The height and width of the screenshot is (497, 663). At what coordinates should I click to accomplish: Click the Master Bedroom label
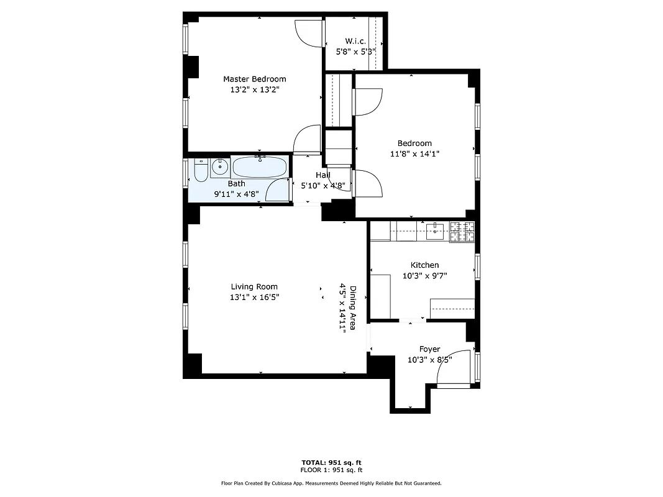[254, 79]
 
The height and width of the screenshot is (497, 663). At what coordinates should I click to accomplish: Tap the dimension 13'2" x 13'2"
[254, 89]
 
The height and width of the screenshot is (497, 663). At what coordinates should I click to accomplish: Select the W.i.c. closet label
[355, 41]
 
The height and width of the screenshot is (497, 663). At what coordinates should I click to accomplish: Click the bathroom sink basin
[219, 166]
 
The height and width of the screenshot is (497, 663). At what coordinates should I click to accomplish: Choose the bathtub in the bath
[259, 168]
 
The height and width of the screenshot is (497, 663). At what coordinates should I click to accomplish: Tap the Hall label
[322, 175]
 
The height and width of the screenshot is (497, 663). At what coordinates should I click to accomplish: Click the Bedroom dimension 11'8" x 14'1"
[414, 153]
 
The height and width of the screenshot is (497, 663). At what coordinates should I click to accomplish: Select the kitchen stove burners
[462, 231]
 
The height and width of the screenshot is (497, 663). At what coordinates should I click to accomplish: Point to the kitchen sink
[436, 230]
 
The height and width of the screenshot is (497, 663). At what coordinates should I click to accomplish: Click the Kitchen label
[424, 265]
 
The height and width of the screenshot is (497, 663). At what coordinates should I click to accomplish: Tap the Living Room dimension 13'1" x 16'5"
[254, 297]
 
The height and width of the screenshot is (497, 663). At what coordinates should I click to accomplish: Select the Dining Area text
[352, 308]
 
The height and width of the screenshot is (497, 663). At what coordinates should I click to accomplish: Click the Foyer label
[429, 349]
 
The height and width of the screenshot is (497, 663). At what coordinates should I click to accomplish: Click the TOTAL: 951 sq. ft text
[331, 462]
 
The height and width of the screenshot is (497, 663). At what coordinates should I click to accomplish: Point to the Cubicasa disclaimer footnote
[331, 483]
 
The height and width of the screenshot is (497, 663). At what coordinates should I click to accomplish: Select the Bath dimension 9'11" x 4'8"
[236, 193]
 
